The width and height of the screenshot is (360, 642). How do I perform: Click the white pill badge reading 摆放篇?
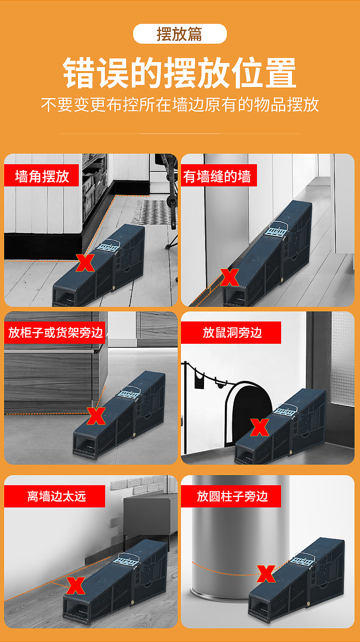coord(180,34)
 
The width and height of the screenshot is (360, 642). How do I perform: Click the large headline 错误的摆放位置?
coord(180,73)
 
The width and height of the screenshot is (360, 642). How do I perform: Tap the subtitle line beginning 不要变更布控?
coord(180,104)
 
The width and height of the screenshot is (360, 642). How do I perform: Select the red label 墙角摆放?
coord(41,176)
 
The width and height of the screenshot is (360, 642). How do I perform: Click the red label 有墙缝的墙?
coord(219,176)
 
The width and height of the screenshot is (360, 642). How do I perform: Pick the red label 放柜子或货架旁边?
coord(55,332)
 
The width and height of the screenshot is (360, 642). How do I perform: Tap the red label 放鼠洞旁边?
coord(231,332)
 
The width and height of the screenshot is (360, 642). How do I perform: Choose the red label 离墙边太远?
coord(55,497)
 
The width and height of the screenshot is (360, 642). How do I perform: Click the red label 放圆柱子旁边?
coord(231,497)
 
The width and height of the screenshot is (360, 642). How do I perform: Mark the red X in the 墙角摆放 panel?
coord(85,263)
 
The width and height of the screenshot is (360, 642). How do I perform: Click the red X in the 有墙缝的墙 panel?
coord(230,277)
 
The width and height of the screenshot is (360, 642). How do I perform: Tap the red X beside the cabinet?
coord(96,416)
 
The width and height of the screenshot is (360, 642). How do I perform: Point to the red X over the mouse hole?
coord(259,427)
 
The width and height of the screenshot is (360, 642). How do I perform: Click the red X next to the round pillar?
coord(266,574)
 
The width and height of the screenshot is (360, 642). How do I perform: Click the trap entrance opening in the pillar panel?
coord(259,608)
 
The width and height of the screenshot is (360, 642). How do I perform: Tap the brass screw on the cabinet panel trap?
coord(134,435)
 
